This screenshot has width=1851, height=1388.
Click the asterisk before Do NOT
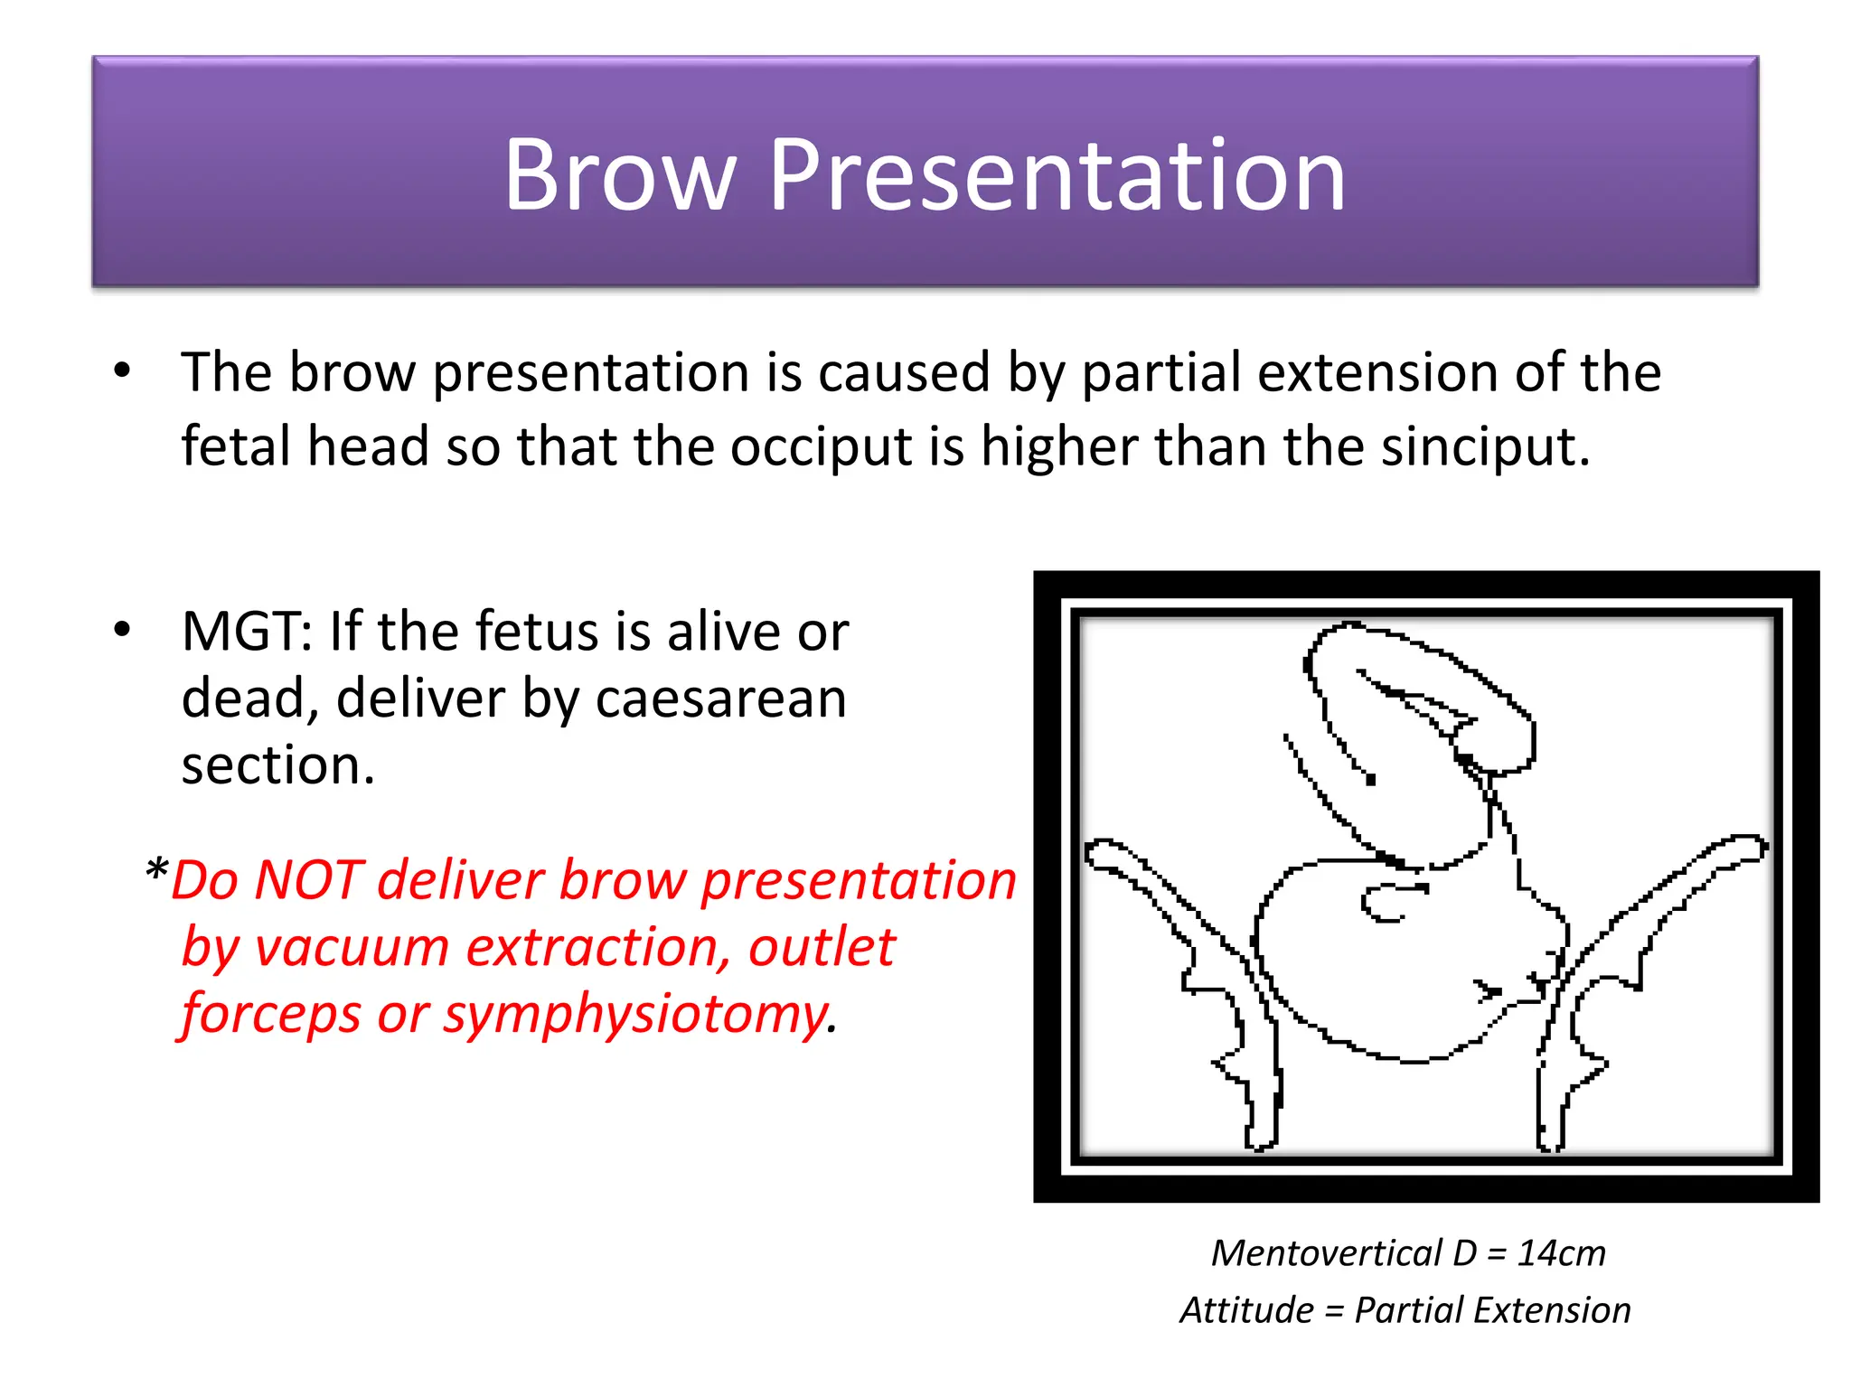pos(156,873)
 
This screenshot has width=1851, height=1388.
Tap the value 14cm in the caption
pos(1561,1253)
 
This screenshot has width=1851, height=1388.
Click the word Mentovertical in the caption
pos(1326,1253)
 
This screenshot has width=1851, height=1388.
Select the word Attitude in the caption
pos(1246,1310)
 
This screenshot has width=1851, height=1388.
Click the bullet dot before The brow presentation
pos(122,370)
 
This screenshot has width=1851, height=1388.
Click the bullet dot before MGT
pos(122,630)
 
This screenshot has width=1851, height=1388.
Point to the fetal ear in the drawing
pos(1392,902)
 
